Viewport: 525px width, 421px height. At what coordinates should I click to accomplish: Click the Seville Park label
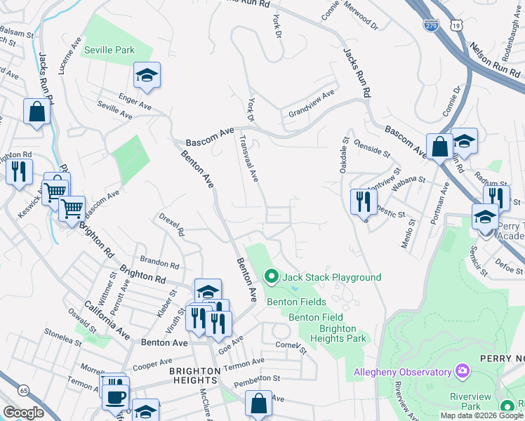coord(108,51)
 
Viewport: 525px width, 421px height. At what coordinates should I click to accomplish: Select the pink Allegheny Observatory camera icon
coord(462,370)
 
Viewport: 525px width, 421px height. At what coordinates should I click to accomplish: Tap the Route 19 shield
coord(457,25)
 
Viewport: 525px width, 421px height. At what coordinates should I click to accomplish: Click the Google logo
coord(23,413)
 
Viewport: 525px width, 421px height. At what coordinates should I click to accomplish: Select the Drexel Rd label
coord(171,225)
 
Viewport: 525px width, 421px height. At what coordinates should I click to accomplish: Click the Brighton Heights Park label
coord(343,333)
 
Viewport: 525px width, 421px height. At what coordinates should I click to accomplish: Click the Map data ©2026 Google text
coord(481,415)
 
